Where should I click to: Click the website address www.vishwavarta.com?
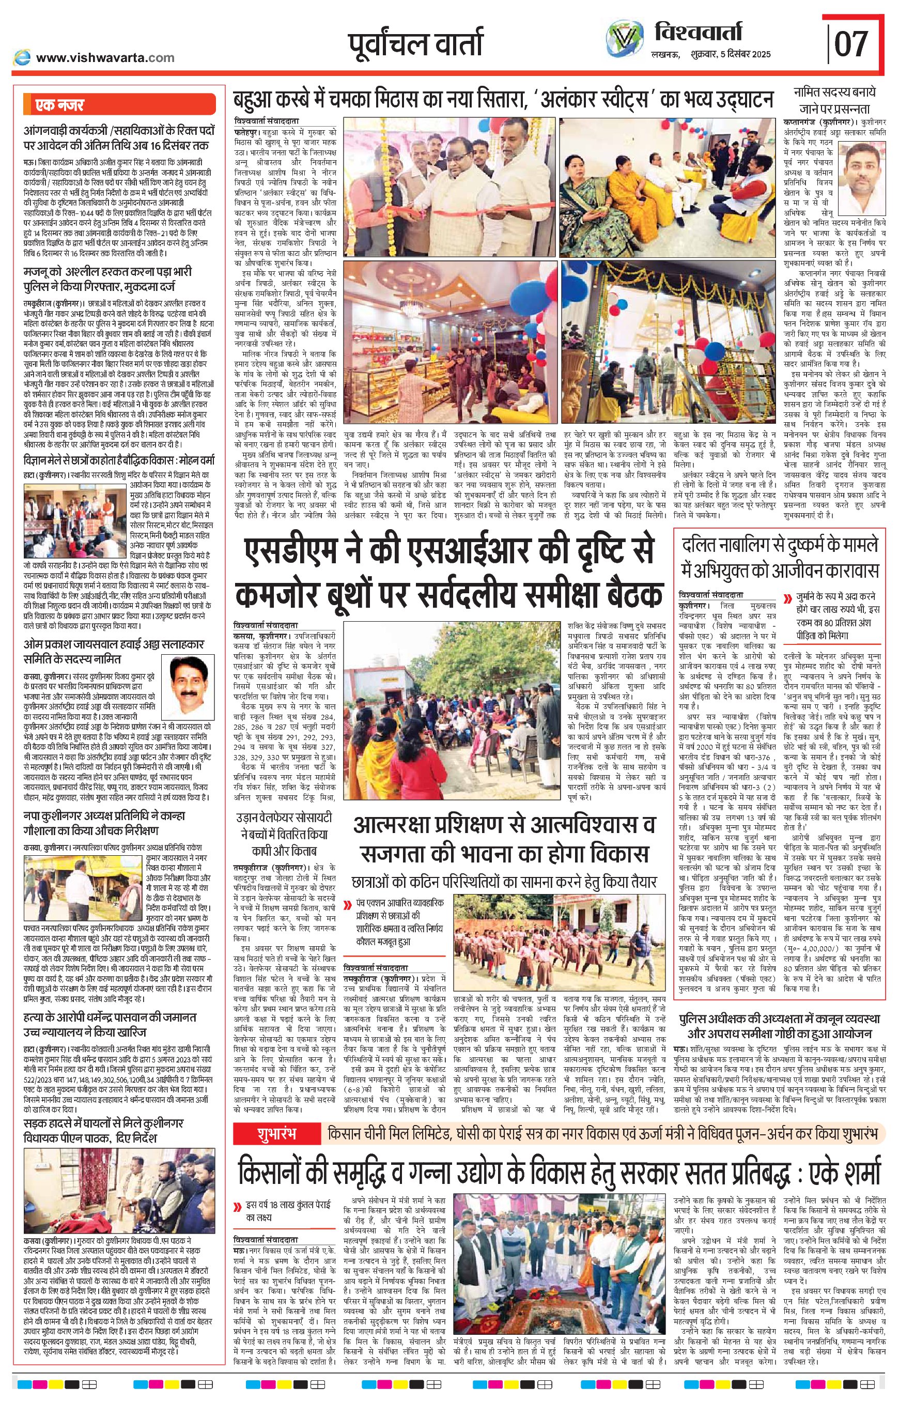[105, 57]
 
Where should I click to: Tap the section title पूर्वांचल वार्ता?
[415, 44]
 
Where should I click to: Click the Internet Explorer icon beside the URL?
[22, 57]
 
